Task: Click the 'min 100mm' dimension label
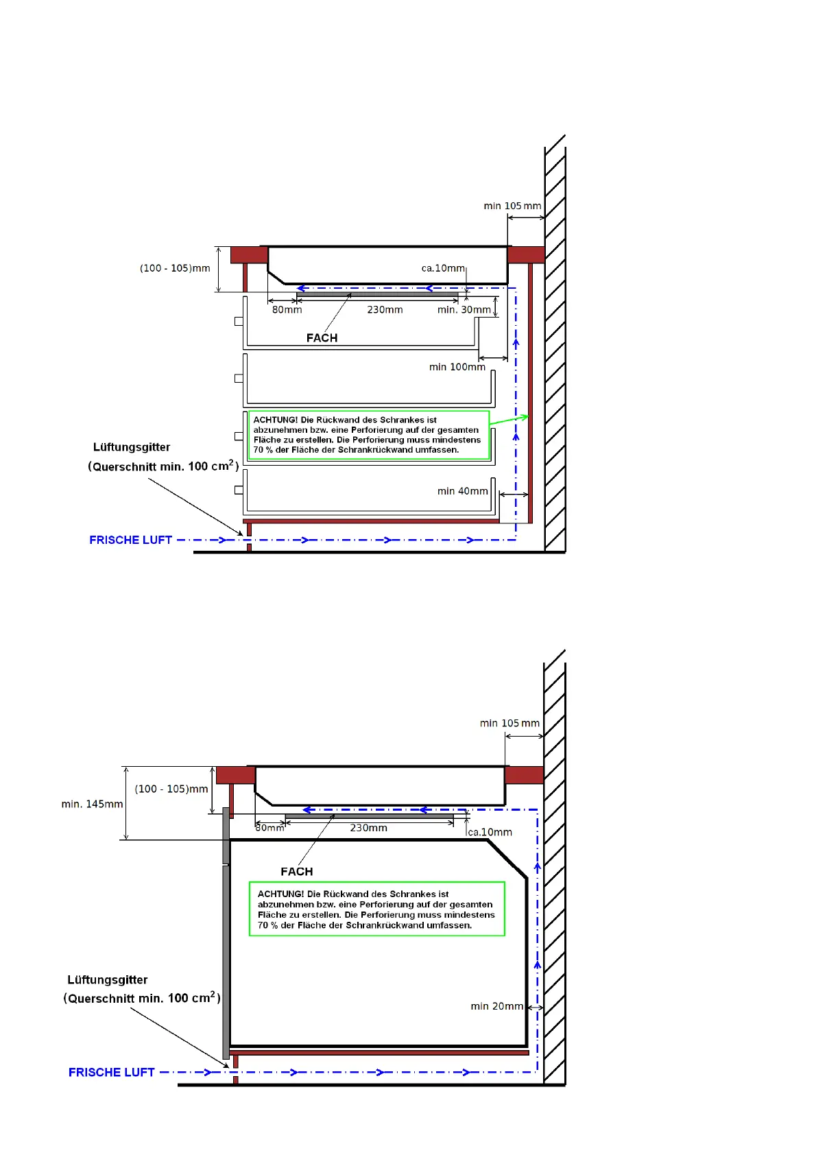[x=457, y=367]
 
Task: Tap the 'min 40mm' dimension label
[x=462, y=491]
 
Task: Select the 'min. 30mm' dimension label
[x=464, y=310]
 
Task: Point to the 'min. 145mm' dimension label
[x=92, y=804]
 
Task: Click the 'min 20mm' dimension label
[x=496, y=1006]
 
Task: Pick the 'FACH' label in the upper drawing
[x=322, y=338]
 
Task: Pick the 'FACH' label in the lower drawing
[x=296, y=872]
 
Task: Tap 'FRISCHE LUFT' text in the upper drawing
[x=130, y=540]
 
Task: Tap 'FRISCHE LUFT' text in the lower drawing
[x=111, y=1073]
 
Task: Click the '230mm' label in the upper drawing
[x=385, y=310]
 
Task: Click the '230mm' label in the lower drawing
[x=368, y=828]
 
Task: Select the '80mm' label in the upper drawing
[x=287, y=310]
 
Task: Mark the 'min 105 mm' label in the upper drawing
[x=512, y=206]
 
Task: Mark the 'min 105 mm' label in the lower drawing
[x=509, y=723]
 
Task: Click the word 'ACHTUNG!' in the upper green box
[x=275, y=420]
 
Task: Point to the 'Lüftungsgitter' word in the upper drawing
[x=131, y=447]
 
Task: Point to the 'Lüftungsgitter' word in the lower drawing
[x=107, y=980]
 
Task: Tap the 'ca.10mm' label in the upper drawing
[x=443, y=268]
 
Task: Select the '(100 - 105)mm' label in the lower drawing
[x=171, y=789]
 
